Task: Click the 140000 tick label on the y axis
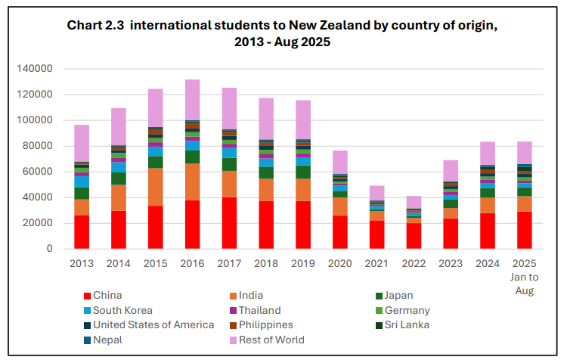click(33, 69)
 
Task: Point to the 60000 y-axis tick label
click(36, 172)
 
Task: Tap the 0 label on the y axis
click(48, 249)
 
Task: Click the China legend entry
click(106, 296)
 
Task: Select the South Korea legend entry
click(122, 310)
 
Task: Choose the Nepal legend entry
click(106, 340)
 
